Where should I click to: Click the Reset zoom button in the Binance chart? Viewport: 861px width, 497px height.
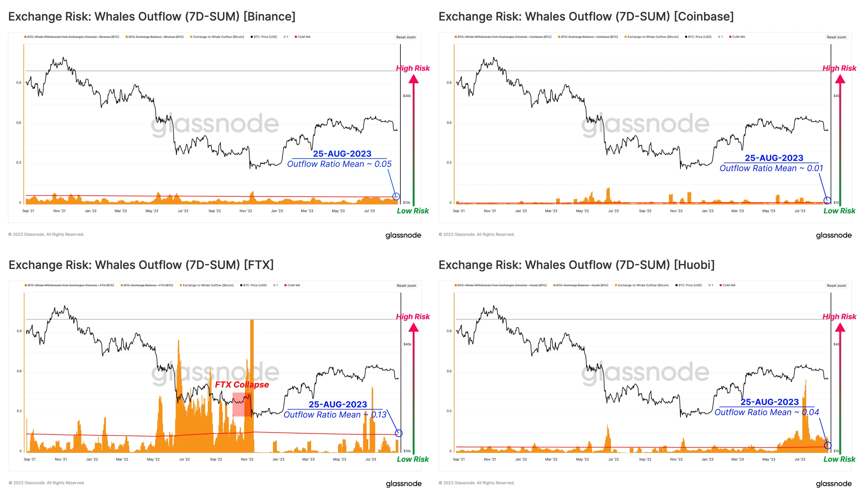point(406,37)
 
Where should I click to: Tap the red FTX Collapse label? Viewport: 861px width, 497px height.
point(242,385)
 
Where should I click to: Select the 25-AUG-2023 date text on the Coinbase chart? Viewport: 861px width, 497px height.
point(774,158)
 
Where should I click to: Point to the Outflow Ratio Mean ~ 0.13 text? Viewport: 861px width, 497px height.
point(335,415)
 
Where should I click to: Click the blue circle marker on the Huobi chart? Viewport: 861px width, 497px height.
point(827,445)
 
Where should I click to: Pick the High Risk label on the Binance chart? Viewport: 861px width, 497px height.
point(413,68)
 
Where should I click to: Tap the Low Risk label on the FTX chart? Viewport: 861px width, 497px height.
point(413,459)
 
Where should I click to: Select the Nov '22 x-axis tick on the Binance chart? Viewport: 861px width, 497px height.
point(246,211)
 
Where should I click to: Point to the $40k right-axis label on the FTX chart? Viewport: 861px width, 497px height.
point(407,344)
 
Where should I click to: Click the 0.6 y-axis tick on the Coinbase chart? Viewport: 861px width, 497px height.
point(449,123)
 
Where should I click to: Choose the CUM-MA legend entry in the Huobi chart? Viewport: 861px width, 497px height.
point(729,285)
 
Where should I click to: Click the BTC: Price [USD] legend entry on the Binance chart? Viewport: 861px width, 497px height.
point(265,37)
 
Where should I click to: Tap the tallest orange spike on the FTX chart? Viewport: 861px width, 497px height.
point(252,359)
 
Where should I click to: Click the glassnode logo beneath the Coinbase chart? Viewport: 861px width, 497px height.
point(833,235)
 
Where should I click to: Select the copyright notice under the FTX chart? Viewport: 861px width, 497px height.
point(47,483)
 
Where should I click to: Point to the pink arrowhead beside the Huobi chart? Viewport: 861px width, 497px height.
point(840,328)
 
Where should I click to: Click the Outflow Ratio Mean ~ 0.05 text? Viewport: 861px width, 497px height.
point(339,164)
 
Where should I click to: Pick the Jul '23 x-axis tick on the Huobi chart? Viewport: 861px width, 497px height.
point(800,459)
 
